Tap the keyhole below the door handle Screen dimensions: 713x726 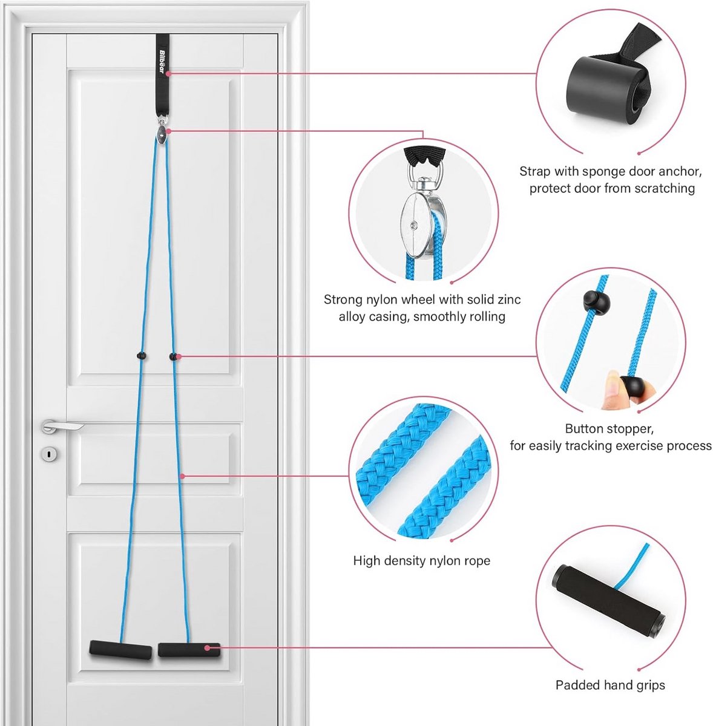[x=49, y=453]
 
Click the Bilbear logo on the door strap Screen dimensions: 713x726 [x=162, y=63]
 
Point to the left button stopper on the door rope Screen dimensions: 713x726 [x=141, y=355]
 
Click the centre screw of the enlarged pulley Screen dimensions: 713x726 [x=414, y=226]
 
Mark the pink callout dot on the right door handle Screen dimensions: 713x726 [x=207, y=648]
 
